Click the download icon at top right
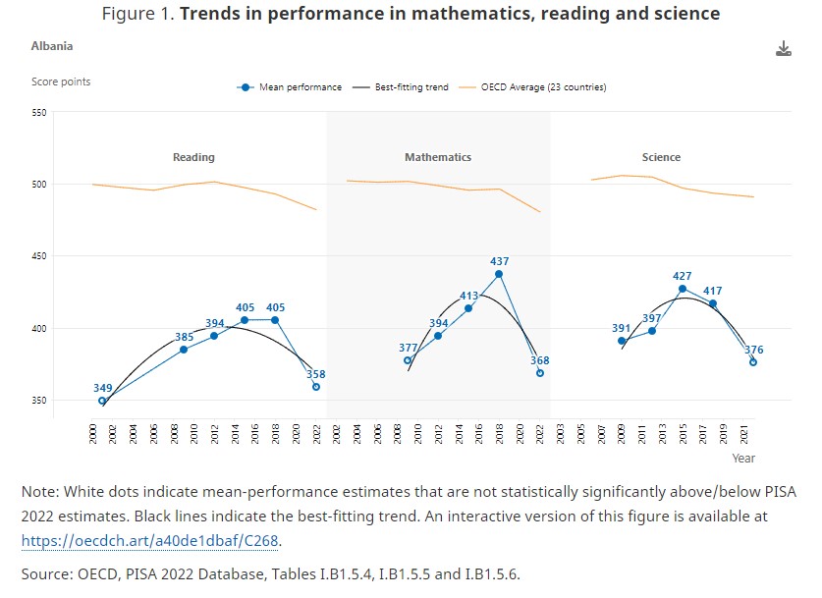click(x=783, y=49)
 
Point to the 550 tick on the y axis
click(x=39, y=113)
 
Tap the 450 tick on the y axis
click(x=39, y=256)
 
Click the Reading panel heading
click(x=193, y=157)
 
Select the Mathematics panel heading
click(x=438, y=157)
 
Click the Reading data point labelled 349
click(x=102, y=401)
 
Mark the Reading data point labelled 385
click(x=184, y=350)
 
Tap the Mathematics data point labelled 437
click(x=499, y=274)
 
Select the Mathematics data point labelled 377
click(x=409, y=360)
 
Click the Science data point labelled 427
click(x=683, y=289)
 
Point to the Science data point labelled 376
click(x=753, y=362)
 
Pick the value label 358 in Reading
click(x=315, y=374)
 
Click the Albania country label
click(x=52, y=46)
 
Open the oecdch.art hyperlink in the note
click(x=157, y=540)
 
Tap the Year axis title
click(x=743, y=458)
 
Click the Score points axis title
click(x=61, y=82)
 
